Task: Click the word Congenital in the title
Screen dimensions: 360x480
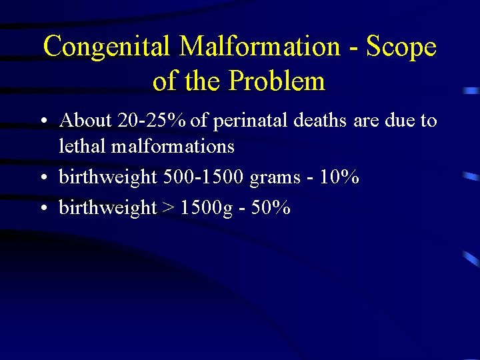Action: (108, 47)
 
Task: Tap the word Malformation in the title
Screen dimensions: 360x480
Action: (260, 47)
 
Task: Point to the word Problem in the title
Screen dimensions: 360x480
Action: (277, 81)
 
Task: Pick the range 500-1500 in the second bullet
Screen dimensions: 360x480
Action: (203, 177)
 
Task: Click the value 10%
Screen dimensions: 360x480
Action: (340, 177)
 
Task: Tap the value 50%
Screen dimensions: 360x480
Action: (272, 207)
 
